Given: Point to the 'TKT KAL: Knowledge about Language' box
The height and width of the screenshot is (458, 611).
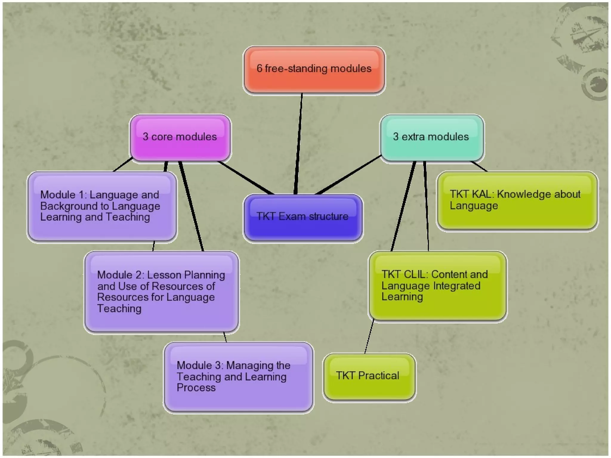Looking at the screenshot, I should pos(517,200).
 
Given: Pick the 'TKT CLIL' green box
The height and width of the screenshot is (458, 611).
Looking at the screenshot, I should pos(437,286).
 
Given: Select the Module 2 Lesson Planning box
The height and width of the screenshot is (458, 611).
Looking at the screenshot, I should pos(161,292).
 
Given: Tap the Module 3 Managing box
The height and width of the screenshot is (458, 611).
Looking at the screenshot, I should pos(238,377).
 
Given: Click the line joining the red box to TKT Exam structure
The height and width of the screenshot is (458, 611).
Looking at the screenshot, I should pos(299,143).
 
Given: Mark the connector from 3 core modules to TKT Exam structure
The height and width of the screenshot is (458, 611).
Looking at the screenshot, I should pos(246,178).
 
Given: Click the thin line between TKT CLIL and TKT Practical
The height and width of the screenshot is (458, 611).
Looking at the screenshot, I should pos(369,336).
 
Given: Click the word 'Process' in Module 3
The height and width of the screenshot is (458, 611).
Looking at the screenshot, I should pos(196,388).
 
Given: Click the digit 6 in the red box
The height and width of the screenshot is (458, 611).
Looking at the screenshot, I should pos(259,69).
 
